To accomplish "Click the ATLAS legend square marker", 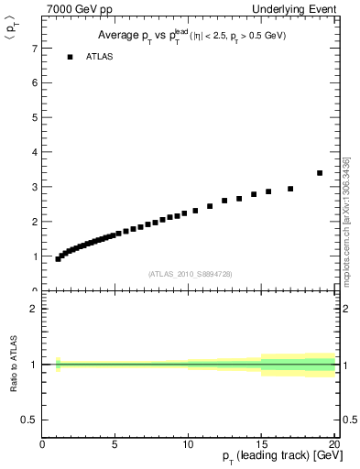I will tap(69, 57).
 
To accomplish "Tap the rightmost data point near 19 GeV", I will tap(320, 172).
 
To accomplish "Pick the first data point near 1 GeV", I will tap(58, 259).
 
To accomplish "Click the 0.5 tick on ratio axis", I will tap(30, 420).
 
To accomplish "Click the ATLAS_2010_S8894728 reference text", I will tap(188, 274).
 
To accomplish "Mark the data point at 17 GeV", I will tap(290, 189).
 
